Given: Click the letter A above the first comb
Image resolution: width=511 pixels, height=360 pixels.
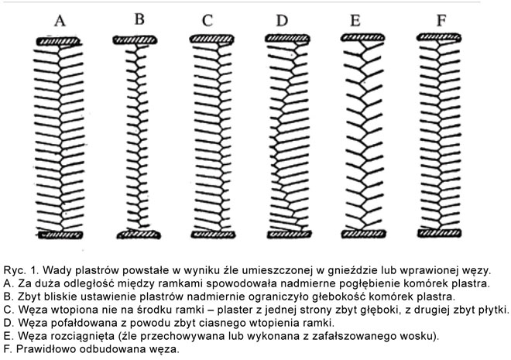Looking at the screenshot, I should pyautogui.click(x=59, y=21).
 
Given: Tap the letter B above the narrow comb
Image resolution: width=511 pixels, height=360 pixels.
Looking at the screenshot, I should pyautogui.click(x=139, y=19).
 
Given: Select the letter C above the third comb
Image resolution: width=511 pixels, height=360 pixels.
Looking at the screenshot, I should pyautogui.click(x=208, y=21).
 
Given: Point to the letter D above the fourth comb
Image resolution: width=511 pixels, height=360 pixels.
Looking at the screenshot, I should pyautogui.click(x=283, y=21).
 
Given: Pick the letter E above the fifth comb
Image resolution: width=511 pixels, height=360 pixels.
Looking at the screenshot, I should pyautogui.click(x=355, y=21).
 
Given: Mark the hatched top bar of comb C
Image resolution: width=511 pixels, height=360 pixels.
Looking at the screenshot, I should pyautogui.click(x=207, y=39).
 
